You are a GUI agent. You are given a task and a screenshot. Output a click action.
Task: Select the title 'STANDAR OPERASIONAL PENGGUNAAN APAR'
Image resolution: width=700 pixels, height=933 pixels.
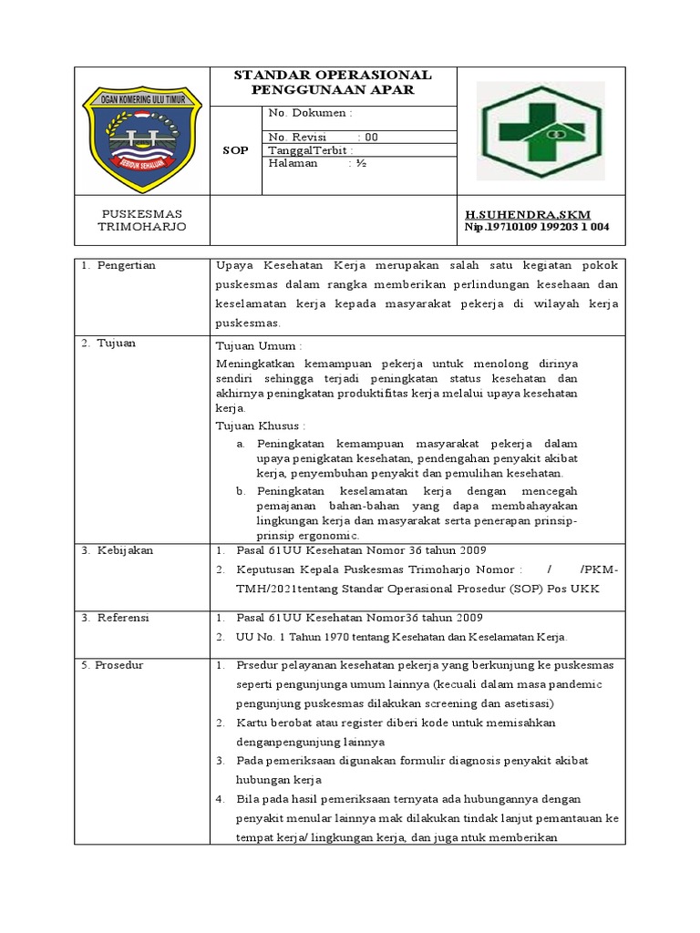pyautogui.click(x=333, y=82)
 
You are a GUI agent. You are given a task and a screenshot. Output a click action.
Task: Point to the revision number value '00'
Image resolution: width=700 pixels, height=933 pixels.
pyautogui.click(x=371, y=138)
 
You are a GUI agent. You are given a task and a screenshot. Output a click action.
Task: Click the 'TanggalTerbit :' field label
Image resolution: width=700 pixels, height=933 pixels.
pyautogui.click(x=311, y=150)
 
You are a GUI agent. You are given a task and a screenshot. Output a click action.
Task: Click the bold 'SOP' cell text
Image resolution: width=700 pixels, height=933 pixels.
pyautogui.click(x=235, y=150)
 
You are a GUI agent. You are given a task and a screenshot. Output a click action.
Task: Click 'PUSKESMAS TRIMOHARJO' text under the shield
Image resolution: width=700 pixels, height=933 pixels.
pyautogui.click(x=141, y=220)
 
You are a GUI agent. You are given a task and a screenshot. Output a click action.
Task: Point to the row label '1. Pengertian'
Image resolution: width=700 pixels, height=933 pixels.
pyautogui.click(x=118, y=265)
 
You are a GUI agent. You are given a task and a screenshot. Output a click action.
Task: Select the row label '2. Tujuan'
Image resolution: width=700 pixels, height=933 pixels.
pyautogui.click(x=111, y=343)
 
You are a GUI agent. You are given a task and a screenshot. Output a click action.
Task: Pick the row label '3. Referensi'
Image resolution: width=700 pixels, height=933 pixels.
pyautogui.click(x=119, y=618)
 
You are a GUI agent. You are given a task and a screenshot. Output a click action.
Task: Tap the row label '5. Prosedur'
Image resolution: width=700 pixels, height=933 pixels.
pyautogui.click(x=118, y=665)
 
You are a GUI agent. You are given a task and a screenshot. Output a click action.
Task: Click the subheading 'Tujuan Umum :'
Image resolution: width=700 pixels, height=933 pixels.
pyautogui.click(x=257, y=347)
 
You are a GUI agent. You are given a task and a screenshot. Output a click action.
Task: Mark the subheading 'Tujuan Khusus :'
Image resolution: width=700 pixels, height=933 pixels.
pyautogui.click(x=260, y=425)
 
